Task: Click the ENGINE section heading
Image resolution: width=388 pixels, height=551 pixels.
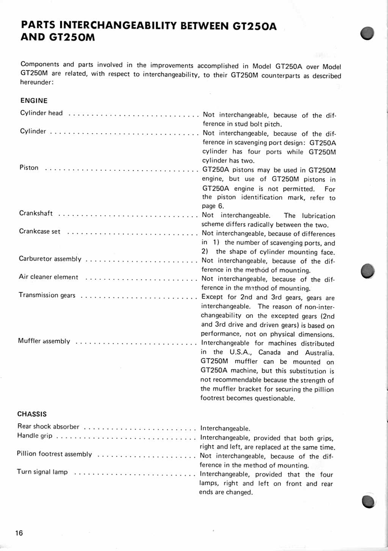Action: pos(34,101)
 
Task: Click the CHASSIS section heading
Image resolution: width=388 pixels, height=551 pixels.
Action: pos(32,414)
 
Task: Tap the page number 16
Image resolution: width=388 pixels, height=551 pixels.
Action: pos(19,533)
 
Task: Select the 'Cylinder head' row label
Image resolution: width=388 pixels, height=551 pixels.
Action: pos(41,113)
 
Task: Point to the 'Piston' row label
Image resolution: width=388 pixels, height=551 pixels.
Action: pos(29,168)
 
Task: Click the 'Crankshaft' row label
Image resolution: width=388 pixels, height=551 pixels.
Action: pos(36,213)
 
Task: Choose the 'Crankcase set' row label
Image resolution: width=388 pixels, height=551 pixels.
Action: pos(40,232)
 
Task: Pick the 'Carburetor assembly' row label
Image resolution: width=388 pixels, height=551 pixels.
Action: pos(50,259)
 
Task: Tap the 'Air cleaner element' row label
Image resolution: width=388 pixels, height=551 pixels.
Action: pos(48,277)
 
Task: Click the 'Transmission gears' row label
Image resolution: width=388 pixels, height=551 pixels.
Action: pos(47,295)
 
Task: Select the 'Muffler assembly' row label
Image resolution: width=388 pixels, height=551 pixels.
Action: pos(44,341)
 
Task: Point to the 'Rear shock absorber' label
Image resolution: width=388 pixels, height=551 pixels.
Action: pos(48,426)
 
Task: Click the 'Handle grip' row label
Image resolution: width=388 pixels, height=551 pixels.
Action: pos(35,436)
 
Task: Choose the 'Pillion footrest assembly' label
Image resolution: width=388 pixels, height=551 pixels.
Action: pos(54,454)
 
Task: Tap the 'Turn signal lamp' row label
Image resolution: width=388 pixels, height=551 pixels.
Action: pos(42,472)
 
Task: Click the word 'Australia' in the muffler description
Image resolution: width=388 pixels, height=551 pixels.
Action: pos(319,353)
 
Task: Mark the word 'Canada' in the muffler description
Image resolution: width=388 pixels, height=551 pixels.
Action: pos(269,353)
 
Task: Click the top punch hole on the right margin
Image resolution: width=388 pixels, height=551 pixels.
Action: pos(368,33)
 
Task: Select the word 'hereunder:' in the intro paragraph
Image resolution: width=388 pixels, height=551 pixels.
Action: pos(37,82)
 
